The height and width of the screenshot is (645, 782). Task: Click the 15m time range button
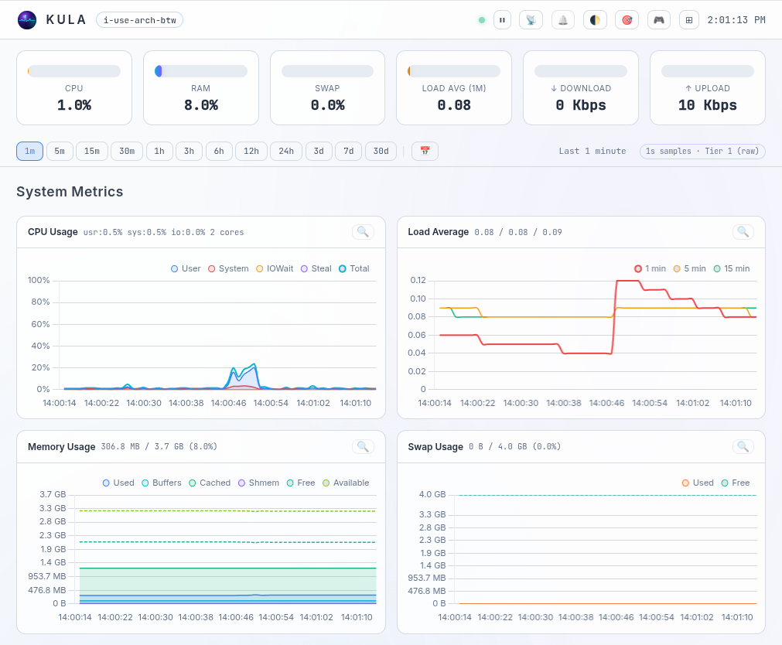(92, 151)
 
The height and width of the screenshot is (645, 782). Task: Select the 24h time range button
(285, 151)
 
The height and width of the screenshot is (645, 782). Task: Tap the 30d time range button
(381, 151)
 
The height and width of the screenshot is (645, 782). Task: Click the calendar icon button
(425, 151)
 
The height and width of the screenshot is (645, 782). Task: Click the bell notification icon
(562, 20)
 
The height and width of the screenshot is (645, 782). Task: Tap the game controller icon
(658, 20)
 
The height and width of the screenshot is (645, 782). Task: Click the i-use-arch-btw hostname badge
(139, 20)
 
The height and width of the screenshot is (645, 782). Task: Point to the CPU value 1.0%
(74, 105)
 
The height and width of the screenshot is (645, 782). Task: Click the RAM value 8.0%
(200, 105)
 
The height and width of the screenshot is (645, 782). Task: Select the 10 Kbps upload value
(707, 105)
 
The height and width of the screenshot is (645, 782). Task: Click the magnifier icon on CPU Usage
(363, 232)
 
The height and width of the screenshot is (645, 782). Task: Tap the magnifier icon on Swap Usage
(743, 446)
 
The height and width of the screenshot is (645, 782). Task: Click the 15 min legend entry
(731, 268)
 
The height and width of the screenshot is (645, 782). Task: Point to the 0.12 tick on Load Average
(418, 280)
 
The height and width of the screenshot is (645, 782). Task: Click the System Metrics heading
(70, 192)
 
